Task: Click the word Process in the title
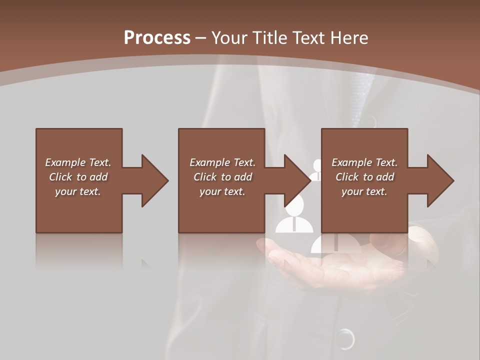tap(157, 38)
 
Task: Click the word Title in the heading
tap(270, 38)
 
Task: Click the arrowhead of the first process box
tap(154, 180)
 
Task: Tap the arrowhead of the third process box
tap(440, 180)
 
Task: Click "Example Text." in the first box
tap(78, 162)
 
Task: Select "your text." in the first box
tap(78, 191)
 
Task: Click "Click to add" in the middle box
tap(222, 177)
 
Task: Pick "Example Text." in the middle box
tap(222, 162)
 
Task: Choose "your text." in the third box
tap(364, 191)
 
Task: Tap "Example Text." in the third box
tap(364, 162)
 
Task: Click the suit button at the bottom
tap(345, 338)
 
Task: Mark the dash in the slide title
tap(200, 38)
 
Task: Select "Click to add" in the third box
tap(364, 177)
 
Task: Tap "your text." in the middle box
tap(222, 191)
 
